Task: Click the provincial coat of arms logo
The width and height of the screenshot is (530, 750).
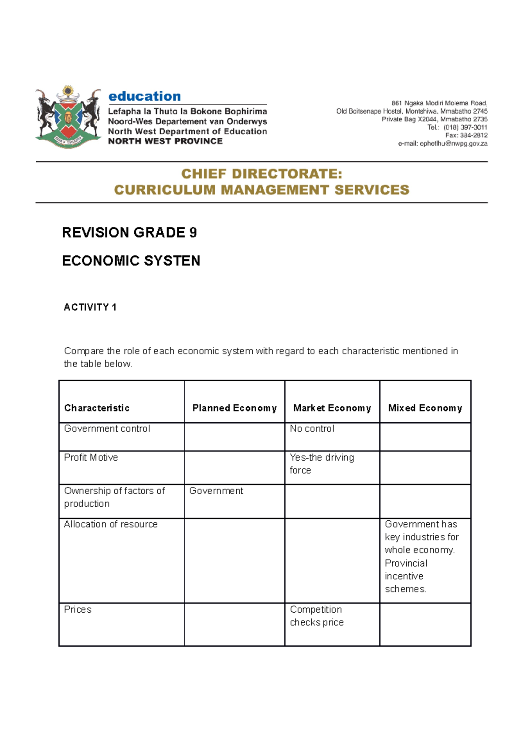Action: click(x=68, y=117)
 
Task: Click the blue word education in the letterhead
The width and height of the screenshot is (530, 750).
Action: click(x=144, y=96)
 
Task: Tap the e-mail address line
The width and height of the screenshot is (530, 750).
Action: click(x=443, y=144)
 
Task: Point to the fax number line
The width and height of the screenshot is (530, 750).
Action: click(x=466, y=135)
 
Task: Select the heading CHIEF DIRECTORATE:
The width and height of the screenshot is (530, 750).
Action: click(x=261, y=174)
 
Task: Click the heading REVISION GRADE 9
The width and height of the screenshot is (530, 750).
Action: click(x=129, y=232)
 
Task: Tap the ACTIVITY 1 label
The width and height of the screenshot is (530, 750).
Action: click(x=90, y=307)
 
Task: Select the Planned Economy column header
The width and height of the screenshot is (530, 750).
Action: click(x=235, y=408)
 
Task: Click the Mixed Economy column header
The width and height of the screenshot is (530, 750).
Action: click(x=425, y=408)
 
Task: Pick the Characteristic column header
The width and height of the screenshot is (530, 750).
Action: click(x=97, y=408)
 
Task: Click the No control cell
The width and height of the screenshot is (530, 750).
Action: click(x=312, y=429)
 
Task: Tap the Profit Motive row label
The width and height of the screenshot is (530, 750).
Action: click(x=91, y=458)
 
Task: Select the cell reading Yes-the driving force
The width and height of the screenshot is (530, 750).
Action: click(x=322, y=464)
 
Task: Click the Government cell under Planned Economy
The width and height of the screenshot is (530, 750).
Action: click(x=216, y=491)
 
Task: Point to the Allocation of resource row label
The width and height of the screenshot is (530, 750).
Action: click(x=111, y=524)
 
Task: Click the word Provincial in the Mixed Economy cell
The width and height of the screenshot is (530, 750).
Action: click(x=406, y=563)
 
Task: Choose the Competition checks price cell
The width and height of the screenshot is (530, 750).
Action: click(x=316, y=616)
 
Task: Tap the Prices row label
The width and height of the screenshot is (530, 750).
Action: click(x=78, y=610)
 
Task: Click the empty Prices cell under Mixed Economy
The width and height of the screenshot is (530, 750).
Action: click(x=425, y=624)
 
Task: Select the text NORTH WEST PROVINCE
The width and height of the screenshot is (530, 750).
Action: click(x=165, y=141)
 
